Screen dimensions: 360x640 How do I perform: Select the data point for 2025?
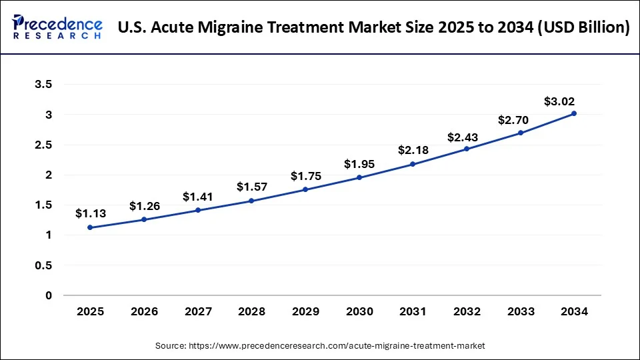(x=90, y=227)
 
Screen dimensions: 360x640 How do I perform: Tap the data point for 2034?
(x=574, y=113)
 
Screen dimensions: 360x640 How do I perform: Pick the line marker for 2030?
(x=359, y=177)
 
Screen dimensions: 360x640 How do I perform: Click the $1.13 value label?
(x=90, y=213)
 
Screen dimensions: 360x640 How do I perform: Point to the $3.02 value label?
(x=559, y=102)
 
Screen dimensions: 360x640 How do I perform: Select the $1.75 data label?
(x=305, y=176)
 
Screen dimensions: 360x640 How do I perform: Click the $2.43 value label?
(x=463, y=137)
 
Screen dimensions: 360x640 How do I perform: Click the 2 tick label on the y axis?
(x=47, y=175)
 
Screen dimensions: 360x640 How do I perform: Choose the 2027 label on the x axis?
(x=197, y=311)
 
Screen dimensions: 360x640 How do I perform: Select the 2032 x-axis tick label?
(x=467, y=311)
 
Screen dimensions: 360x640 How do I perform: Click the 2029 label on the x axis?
(x=305, y=311)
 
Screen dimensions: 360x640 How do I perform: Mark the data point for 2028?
(x=251, y=201)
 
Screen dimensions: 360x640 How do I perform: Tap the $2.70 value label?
(x=513, y=121)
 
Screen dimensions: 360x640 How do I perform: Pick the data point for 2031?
(x=413, y=164)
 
